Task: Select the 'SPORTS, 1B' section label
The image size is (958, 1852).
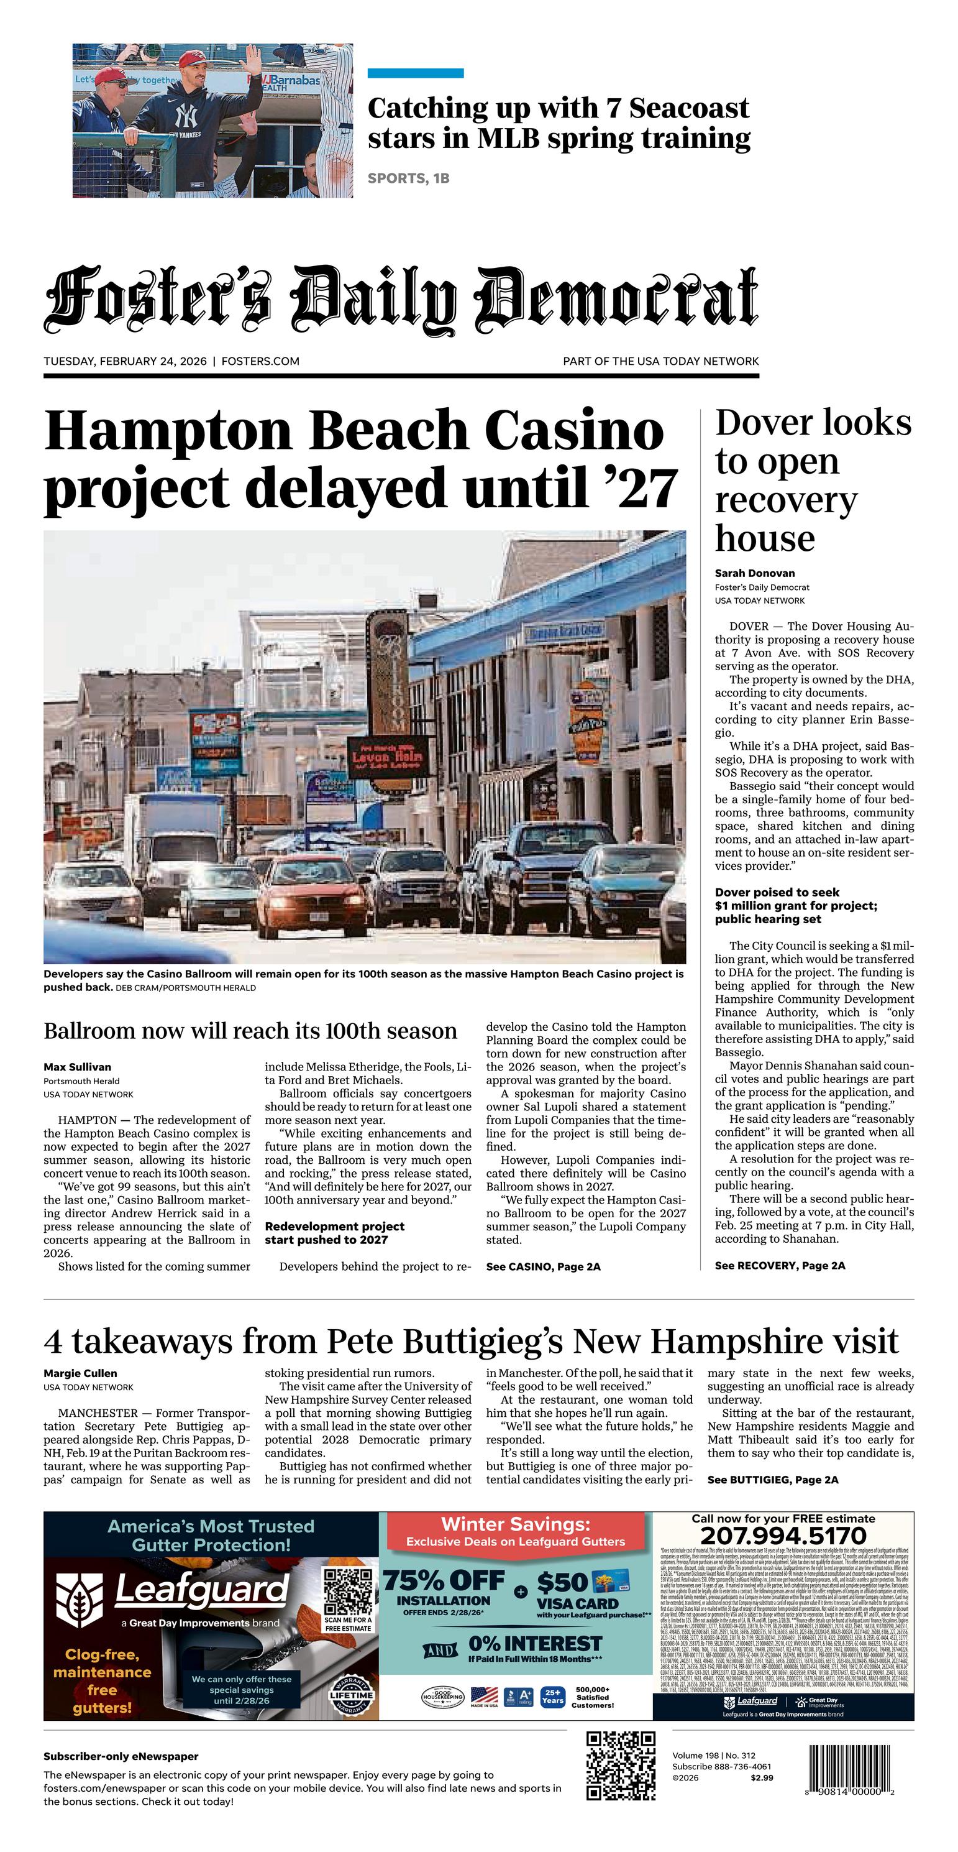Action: point(408,178)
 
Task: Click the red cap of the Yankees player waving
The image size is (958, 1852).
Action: point(192,58)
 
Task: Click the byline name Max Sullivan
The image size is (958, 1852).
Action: point(78,1067)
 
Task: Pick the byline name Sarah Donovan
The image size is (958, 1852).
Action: point(755,573)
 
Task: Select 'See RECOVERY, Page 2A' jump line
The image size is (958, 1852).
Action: point(780,1265)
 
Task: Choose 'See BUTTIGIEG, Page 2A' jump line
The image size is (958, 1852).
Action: point(773,1480)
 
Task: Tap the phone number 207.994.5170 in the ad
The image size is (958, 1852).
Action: point(783,1536)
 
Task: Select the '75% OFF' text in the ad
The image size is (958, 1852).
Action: point(444,1581)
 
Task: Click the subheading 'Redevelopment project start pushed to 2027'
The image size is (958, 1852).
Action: point(334,1233)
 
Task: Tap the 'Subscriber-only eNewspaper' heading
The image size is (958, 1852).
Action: point(121,1756)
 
